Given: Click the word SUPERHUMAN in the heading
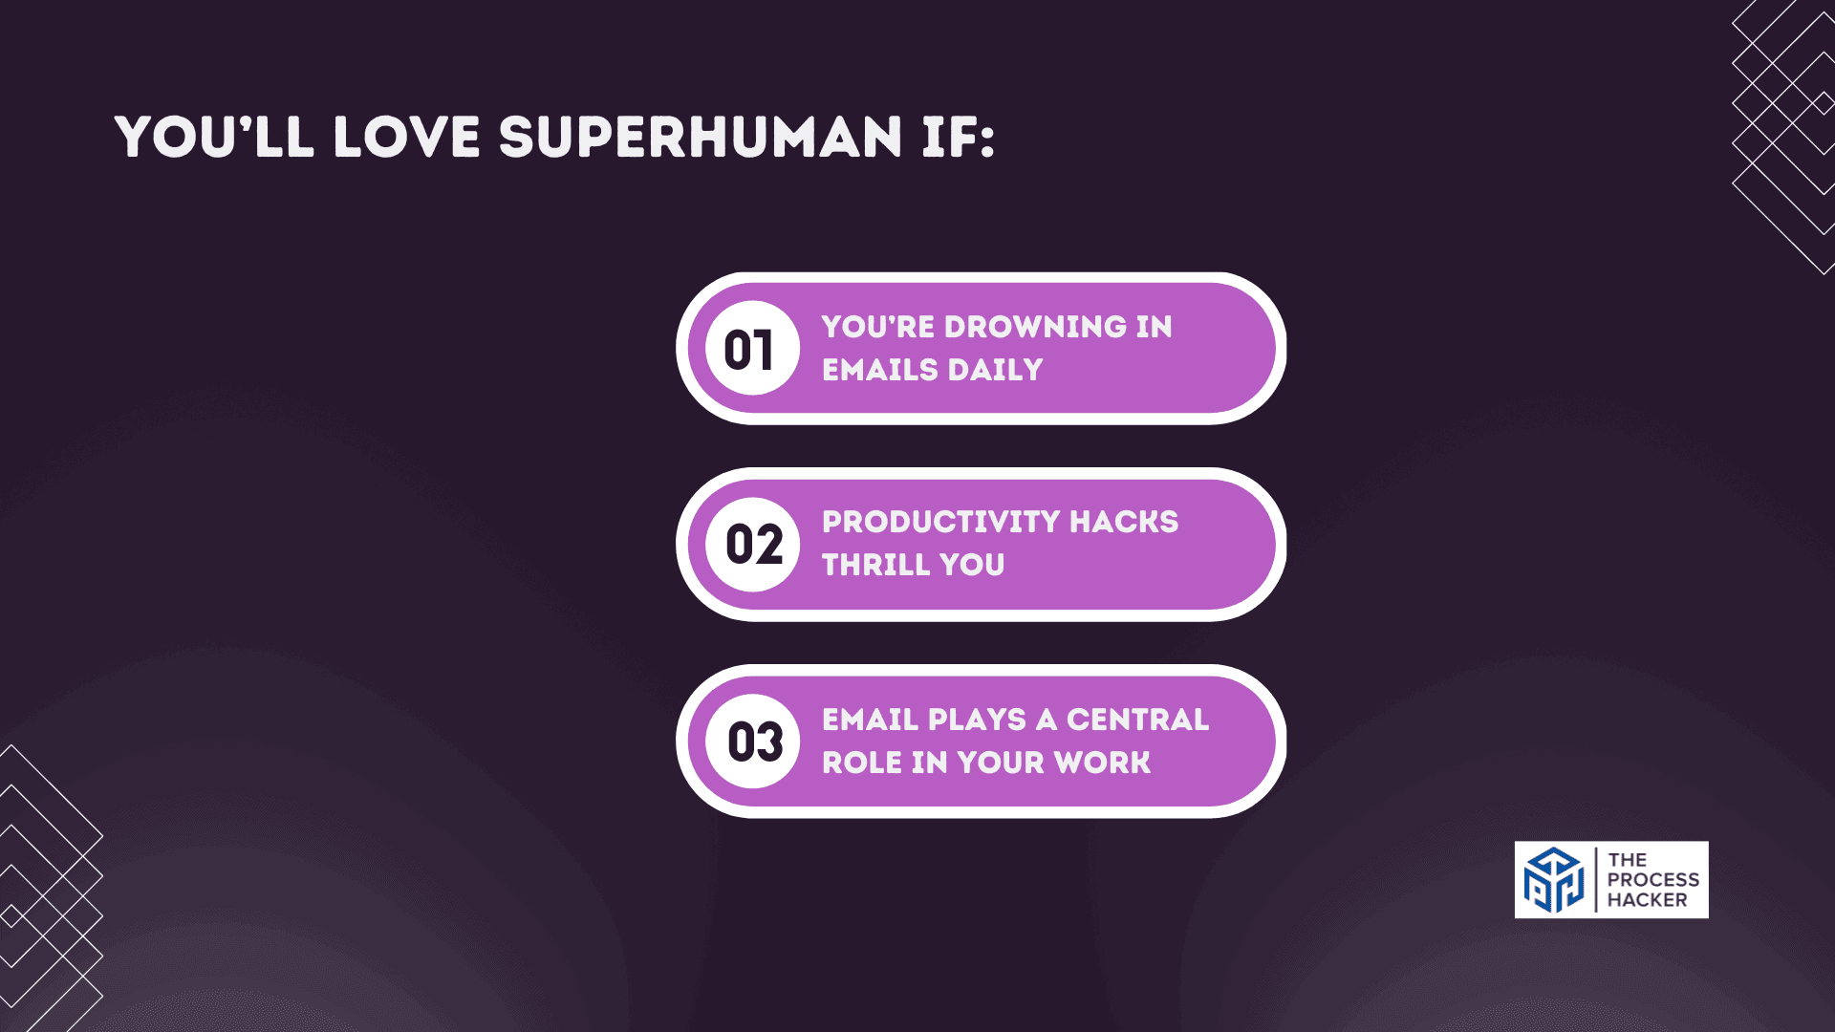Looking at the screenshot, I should click(x=700, y=137).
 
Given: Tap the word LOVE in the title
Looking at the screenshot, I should click(x=406, y=137).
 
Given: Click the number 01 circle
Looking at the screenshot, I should click(x=752, y=349).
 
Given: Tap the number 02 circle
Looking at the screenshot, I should click(x=753, y=545).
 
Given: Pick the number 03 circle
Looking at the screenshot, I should click(x=753, y=742).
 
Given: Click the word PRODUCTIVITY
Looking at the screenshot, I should click(x=940, y=522).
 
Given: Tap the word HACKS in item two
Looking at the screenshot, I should click(x=1124, y=522).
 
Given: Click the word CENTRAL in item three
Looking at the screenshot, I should click(x=1137, y=720).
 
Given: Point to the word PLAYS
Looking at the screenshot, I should click(x=977, y=720).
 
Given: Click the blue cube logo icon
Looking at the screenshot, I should click(x=1554, y=880).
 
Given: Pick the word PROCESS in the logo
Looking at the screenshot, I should click(x=1652, y=880).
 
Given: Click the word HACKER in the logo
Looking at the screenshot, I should click(x=1647, y=900).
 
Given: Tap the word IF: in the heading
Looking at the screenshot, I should click(x=958, y=137).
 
